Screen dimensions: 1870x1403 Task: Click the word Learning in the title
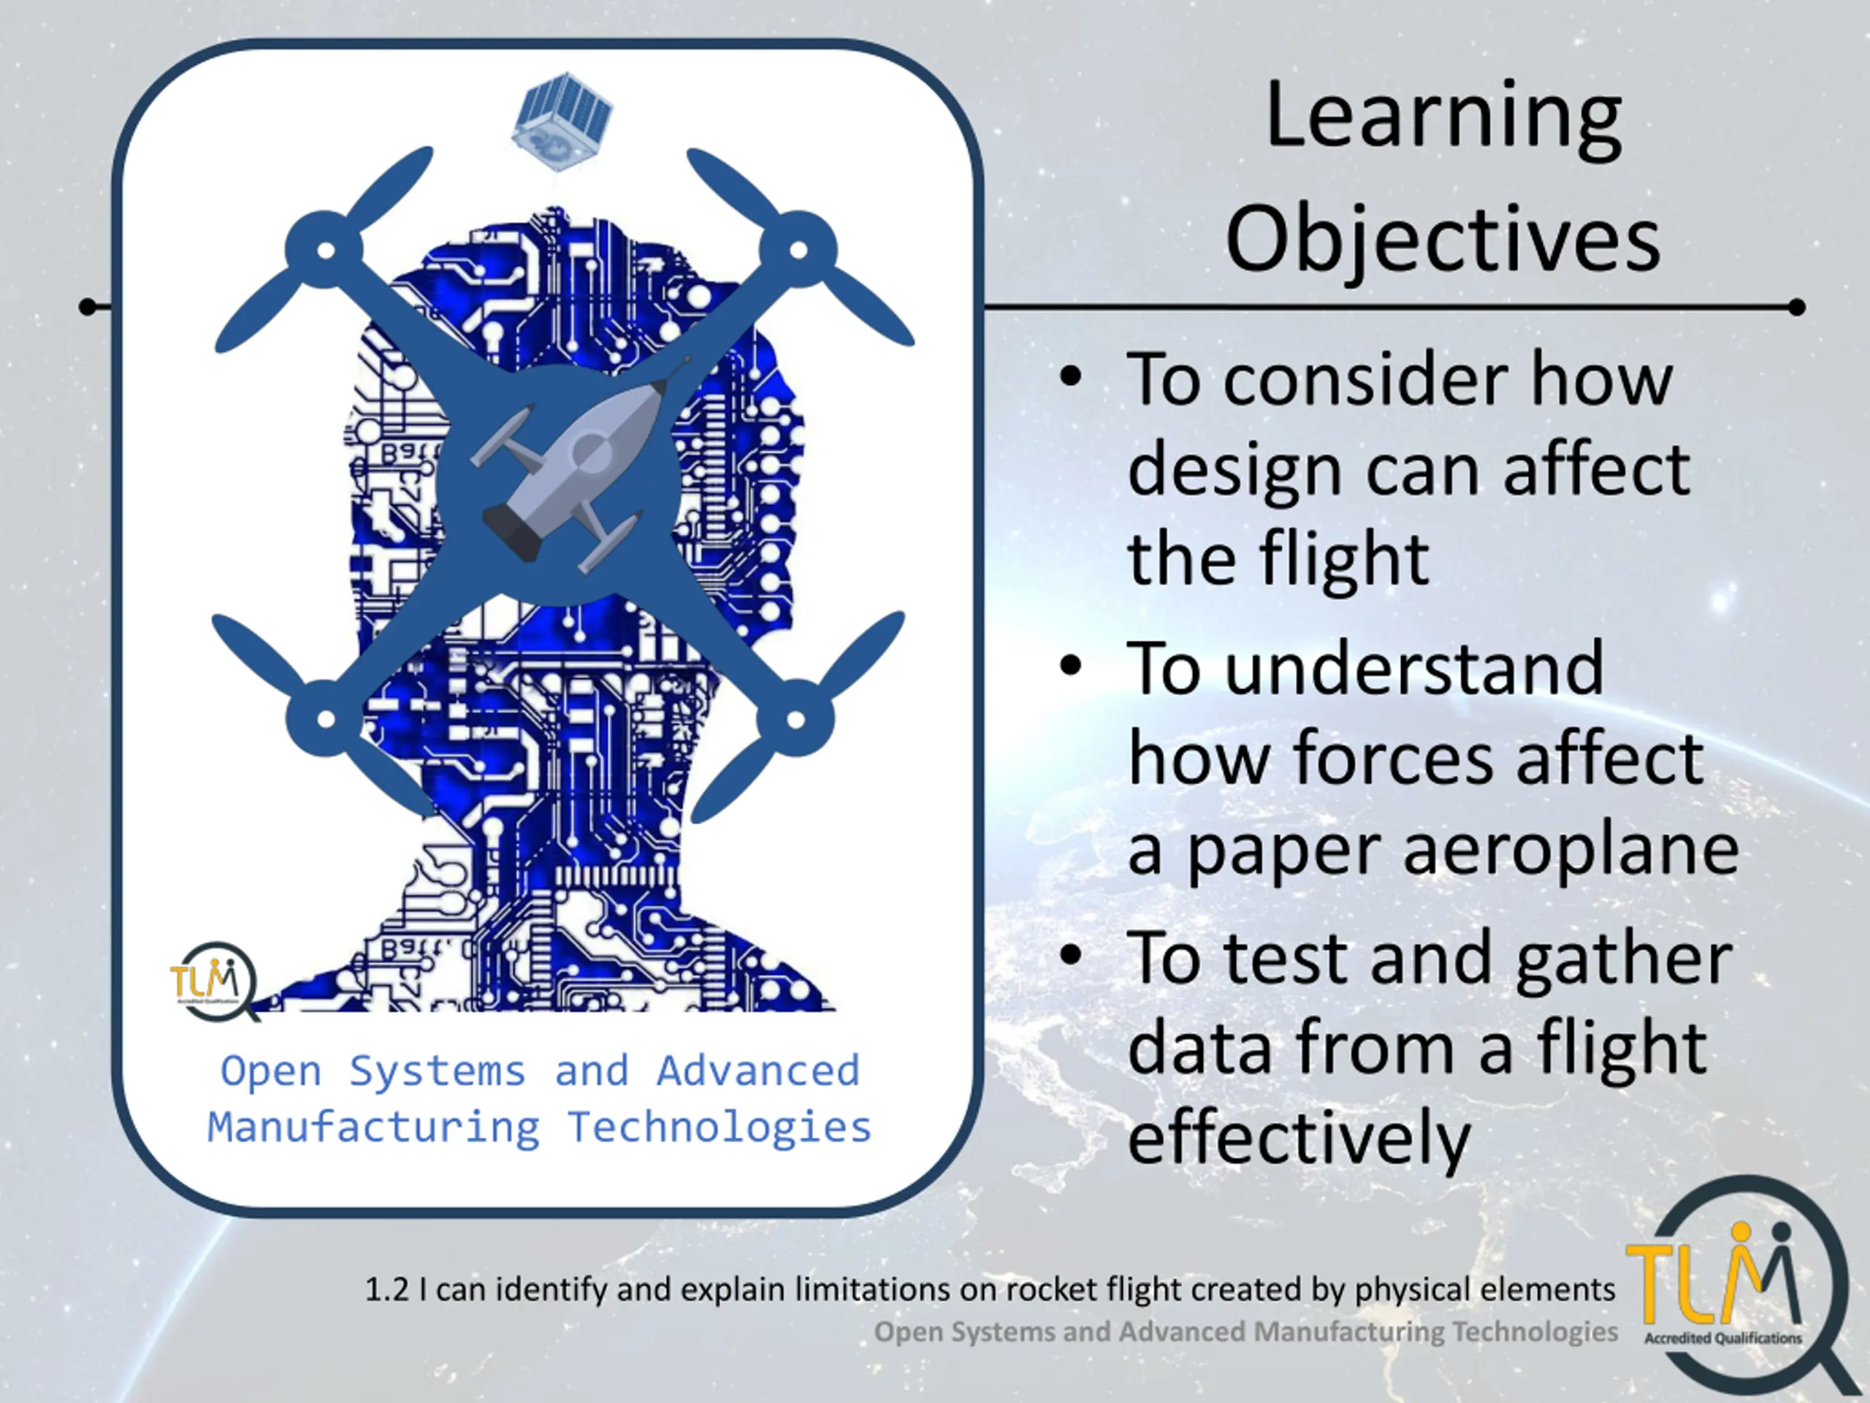tap(1443, 118)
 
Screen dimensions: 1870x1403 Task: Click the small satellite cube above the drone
tap(562, 121)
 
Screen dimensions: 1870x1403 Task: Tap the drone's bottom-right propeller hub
tap(795, 719)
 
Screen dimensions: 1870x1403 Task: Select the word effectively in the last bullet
tap(1300, 1138)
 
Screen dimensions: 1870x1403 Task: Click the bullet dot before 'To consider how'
tap(1070, 378)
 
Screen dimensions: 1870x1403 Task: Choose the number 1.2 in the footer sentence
tap(386, 1290)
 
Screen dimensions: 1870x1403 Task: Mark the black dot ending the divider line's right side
tap(1797, 307)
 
